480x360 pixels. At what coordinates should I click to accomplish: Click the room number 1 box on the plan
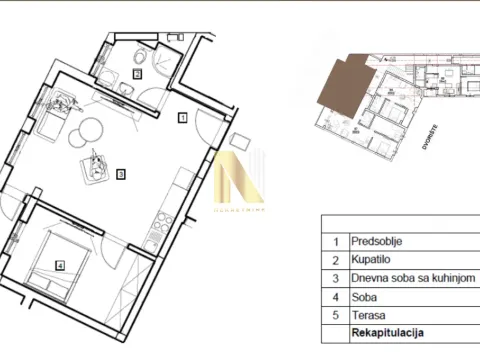pos(182,117)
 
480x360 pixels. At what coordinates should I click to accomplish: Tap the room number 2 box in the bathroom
pos(138,73)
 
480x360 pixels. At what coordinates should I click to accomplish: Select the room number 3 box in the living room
pos(120,173)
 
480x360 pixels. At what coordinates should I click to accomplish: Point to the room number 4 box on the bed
pos(60,266)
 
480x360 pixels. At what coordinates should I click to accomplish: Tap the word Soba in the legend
pos(363,296)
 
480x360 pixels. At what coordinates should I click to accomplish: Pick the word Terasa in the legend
pos(366,314)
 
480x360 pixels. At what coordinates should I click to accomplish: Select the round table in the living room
pos(87,131)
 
